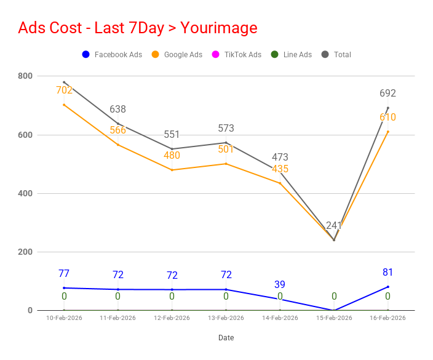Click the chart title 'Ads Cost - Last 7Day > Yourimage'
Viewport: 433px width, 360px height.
coord(138,28)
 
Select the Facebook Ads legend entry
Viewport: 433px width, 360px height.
coord(112,54)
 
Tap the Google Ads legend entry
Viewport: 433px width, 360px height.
coord(177,54)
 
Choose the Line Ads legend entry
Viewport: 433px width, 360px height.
coord(292,54)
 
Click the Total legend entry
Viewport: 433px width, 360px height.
coord(336,54)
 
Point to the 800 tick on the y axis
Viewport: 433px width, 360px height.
coord(25,76)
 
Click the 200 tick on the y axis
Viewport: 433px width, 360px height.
coord(25,252)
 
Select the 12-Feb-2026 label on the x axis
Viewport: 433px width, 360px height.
coord(172,318)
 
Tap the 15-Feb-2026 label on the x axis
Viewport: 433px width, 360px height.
coord(334,318)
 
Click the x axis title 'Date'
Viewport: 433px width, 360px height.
coord(226,338)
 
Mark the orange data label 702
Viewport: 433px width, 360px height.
coord(64,90)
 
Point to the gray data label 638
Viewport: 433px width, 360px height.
coord(118,109)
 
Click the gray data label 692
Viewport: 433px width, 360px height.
coord(387,93)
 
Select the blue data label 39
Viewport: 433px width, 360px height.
coord(280,284)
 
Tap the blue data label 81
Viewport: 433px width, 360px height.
coord(387,272)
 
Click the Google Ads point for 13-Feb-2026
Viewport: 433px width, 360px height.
coord(226,164)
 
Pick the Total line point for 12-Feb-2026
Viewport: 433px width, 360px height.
coord(172,149)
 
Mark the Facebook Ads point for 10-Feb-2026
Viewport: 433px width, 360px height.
coord(64,288)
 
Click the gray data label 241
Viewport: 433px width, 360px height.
coord(334,225)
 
